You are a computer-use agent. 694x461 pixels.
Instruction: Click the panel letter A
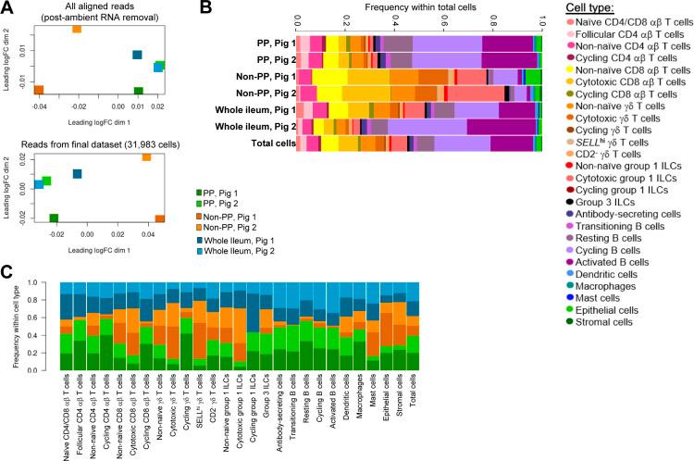7,8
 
